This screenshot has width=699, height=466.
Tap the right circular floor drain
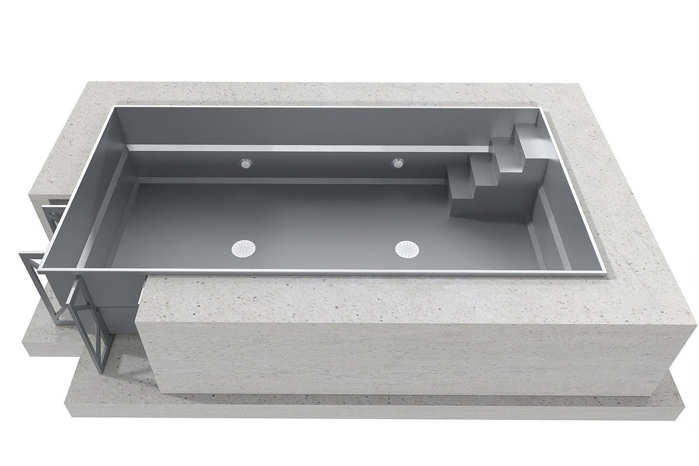pos(409,249)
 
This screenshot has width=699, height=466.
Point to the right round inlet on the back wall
pos(398,163)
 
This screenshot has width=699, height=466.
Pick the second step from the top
pos(502,141)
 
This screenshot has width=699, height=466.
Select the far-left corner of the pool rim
pos(114,106)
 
